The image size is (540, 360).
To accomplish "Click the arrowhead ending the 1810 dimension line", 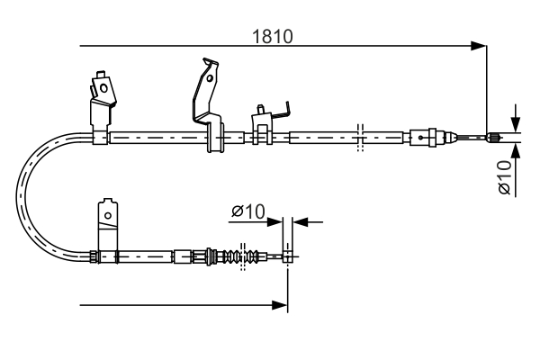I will coord(480,45).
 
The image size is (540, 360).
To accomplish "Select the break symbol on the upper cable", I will coord(359,137).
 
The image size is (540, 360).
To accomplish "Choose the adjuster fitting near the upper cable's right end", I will coord(426,138).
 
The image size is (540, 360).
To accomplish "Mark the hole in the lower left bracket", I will coord(108,216).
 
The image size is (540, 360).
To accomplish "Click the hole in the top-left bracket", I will coord(103,88).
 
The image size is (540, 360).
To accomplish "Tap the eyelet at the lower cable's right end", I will coord(287,256).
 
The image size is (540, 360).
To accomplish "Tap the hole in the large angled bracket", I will coord(210,78).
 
